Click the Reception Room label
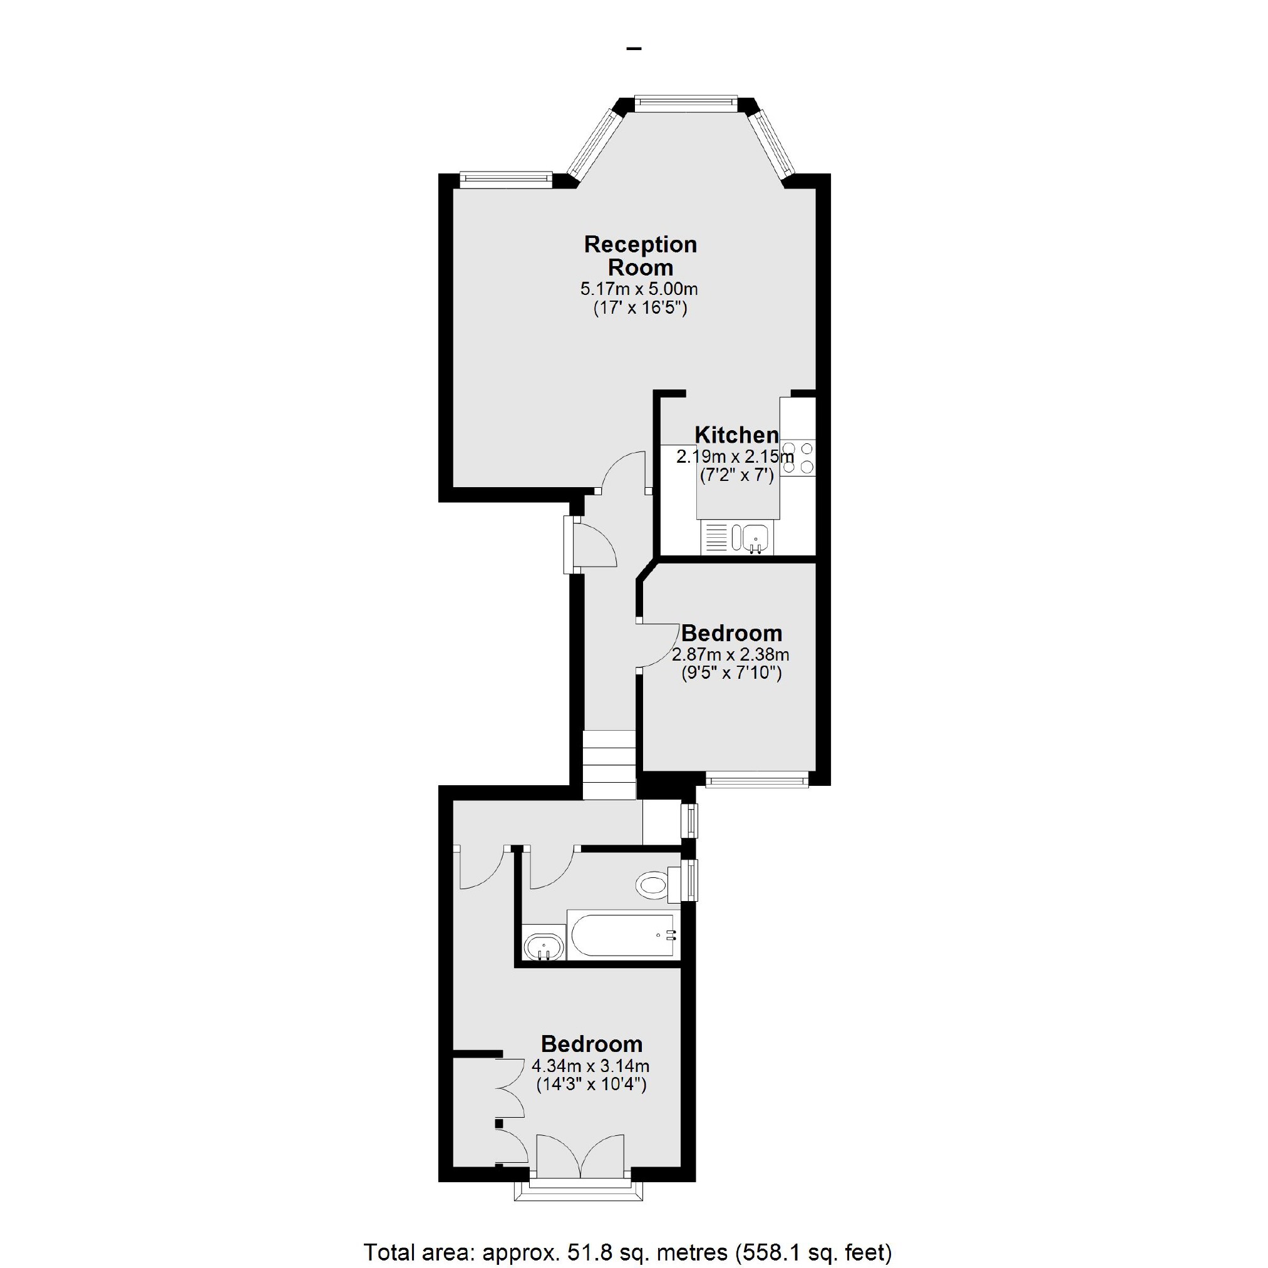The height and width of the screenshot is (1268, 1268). (640, 256)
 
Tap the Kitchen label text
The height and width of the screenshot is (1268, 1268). (736, 435)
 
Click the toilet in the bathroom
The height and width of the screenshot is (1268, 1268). (653, 885)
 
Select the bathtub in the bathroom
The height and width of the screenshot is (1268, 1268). (622, 936)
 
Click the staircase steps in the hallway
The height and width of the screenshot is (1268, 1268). (609, 765)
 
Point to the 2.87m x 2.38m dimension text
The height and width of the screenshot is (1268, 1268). (731, 654)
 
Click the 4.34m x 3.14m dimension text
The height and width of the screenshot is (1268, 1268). (590, 1066)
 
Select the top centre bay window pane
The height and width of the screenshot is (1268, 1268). (686, 101)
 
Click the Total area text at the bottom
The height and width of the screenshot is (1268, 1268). (627, 1252)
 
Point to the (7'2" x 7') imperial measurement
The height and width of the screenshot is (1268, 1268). (736, 475)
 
